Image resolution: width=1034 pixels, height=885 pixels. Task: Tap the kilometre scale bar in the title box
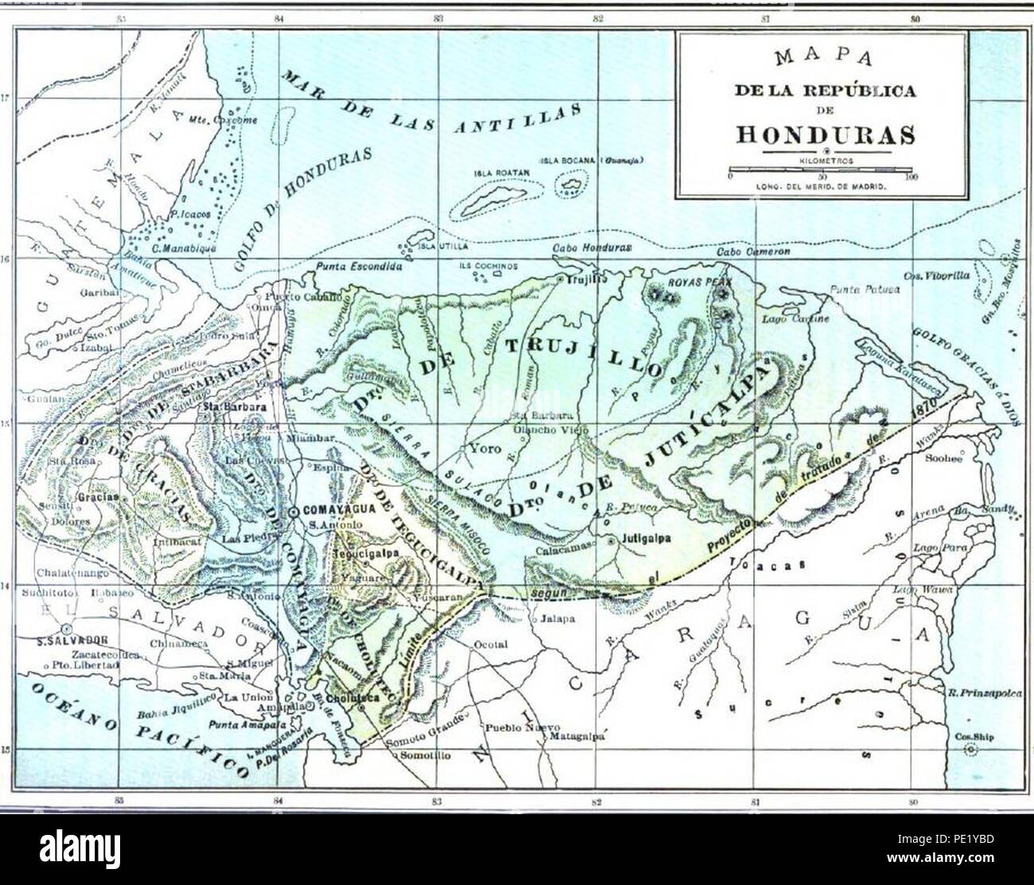[822, 170]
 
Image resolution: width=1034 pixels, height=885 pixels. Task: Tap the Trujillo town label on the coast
[585, 279]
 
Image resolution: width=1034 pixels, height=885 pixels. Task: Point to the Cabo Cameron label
[753, 251]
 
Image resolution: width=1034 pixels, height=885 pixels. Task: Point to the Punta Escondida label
[352, 267]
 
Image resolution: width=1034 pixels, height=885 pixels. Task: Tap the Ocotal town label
[490, 645]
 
